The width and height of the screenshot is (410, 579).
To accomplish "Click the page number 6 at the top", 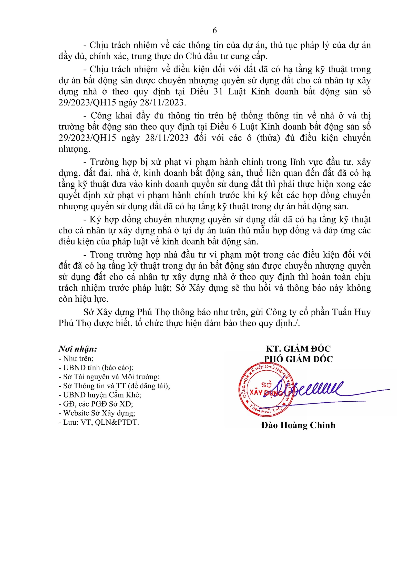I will click(x=214, y=30).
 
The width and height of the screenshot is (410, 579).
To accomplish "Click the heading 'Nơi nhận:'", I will click(x=78, y=349).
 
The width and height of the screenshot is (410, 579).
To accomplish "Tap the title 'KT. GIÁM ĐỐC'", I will click(x=298, y=349).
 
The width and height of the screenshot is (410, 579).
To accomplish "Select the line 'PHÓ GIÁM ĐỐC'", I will click(x=298, y=359).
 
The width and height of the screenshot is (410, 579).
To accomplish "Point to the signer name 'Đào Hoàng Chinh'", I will click(x=298, y=425).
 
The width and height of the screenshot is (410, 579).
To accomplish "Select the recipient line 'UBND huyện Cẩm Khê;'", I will click(x=100, y=395).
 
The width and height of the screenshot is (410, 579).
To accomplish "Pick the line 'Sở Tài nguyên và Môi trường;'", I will click(x=109, y=377).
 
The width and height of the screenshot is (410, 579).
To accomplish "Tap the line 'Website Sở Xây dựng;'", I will click(x=97, y=413).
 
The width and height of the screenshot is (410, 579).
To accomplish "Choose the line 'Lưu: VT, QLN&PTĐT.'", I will click(x=99, y=422).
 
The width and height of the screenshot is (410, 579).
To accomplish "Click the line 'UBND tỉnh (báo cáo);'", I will click(x=96, y=368).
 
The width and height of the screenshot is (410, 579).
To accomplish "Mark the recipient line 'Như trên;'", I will click(x=76, y=358).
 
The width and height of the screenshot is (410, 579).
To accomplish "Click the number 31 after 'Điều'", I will click(x=218, y=91).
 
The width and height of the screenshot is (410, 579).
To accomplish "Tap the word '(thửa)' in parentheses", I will click(x=268, y=138).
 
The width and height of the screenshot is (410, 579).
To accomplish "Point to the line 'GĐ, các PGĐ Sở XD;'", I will click(x=96, y=404).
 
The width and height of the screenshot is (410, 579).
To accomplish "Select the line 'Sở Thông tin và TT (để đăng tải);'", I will click(x=114, y=386).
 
